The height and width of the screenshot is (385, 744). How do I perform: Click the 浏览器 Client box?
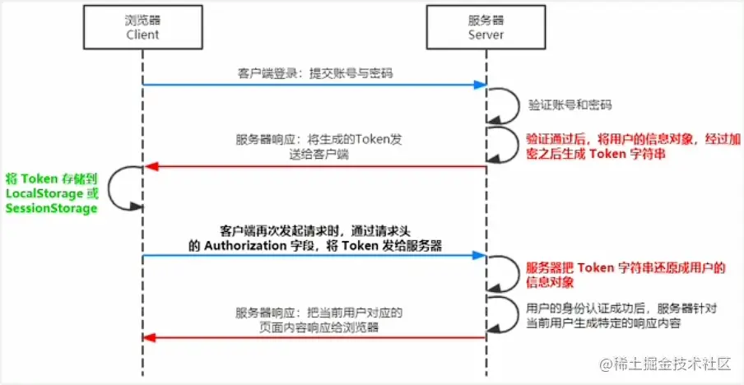click(x=142, y=28)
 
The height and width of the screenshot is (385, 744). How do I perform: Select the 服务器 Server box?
click(x=485, y=28)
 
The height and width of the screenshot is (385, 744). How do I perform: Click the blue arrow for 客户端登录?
click(x=313, y=85)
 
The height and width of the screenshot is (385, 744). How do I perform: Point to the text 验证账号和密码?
click(x=570, y=106)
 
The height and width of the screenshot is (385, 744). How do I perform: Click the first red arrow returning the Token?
click(x=313, y=167)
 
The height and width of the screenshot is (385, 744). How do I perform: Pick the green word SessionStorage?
click(x=51, y=208)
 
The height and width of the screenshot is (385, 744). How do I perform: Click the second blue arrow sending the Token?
click(x=313, y=256)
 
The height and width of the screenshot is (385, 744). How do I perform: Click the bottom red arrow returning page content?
click(x=313, y=337)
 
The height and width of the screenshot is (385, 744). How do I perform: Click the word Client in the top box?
click(x=142, y=35)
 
